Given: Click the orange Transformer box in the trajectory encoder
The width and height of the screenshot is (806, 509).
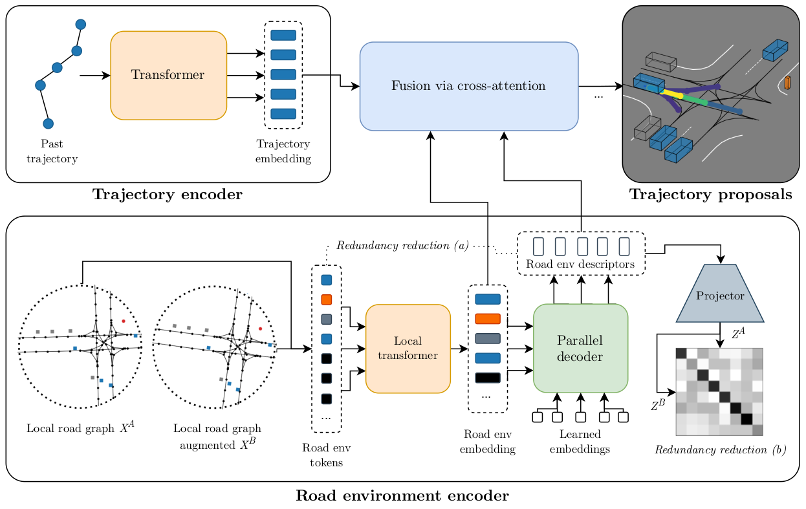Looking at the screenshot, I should (168, 75).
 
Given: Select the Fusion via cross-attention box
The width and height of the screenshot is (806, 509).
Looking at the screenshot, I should (468, 86).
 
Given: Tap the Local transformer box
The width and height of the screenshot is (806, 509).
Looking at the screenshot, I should (408, 349).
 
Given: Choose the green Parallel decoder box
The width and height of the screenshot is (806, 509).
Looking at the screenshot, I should (580, 349).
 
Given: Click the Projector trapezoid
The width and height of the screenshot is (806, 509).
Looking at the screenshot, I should (720, 295).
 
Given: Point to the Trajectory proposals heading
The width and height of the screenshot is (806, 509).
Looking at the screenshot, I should (710, 195).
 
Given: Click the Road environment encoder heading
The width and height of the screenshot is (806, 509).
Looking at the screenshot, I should (402, 496).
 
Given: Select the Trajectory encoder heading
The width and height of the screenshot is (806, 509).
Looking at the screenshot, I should (168, 195).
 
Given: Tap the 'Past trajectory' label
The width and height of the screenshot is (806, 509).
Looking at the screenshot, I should (52, 151).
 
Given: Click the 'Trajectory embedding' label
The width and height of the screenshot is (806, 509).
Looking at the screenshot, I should (283, 151).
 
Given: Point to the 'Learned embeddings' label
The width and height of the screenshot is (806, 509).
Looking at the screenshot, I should (580, 442).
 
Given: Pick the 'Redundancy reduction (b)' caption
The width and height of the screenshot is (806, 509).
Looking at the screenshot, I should (720, 449).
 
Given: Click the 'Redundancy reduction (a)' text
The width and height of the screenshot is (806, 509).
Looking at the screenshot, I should (402, 246).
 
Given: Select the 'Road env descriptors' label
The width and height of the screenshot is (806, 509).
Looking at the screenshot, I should (580, 264).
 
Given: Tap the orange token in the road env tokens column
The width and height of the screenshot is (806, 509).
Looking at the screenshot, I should (326, 299).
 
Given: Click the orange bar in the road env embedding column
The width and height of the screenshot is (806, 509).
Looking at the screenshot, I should (488, 319).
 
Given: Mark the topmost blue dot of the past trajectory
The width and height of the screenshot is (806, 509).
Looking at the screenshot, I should (81, 25).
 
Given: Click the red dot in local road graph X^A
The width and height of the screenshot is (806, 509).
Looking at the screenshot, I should (123, 321).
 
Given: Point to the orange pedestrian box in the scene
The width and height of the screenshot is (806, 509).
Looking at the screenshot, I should (787, 83).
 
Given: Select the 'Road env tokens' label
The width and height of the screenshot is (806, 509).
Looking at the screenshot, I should (326, 455).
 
